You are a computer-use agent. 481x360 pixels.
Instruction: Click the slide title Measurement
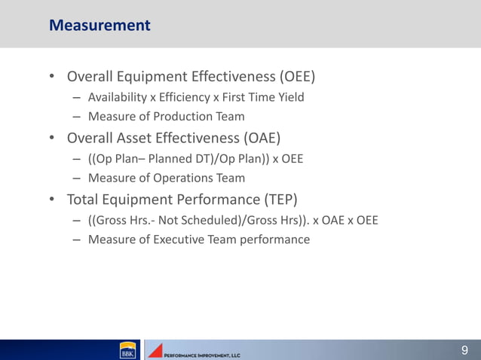click(x=100, y=26)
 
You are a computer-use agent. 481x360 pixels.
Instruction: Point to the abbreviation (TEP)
click(x=280, y=200)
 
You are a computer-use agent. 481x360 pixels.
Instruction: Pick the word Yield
click(x=289, y=97)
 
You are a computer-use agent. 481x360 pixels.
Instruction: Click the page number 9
click(x=464, y=349)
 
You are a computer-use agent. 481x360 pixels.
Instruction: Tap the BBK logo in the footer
click(x=127, y=350)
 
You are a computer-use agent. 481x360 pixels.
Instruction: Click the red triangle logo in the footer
click(x=155, y=350)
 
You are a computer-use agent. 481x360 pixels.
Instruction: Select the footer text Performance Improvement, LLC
click(x=202, y=354)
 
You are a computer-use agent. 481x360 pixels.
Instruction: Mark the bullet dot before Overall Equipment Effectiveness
click(x=52, y=78)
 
